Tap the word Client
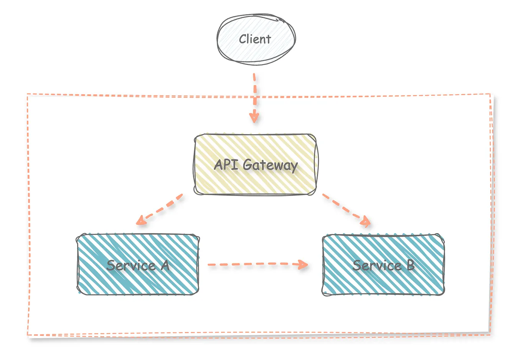pyautogui.click(x=255, y=39)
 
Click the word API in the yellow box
pyautogui.click(x=226, y=165)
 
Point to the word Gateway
pyautogui.click(x=270, y=166)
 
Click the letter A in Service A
pyautogui.click(x=165, y=265)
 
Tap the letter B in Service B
pyautogui.click(x=410, y=265)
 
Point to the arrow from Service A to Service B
pyautogui.click(x=253, y=264)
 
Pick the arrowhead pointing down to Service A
pyautogui.click(x=141, y=220)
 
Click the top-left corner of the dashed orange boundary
pyautogui.click(x=28, y=94)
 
